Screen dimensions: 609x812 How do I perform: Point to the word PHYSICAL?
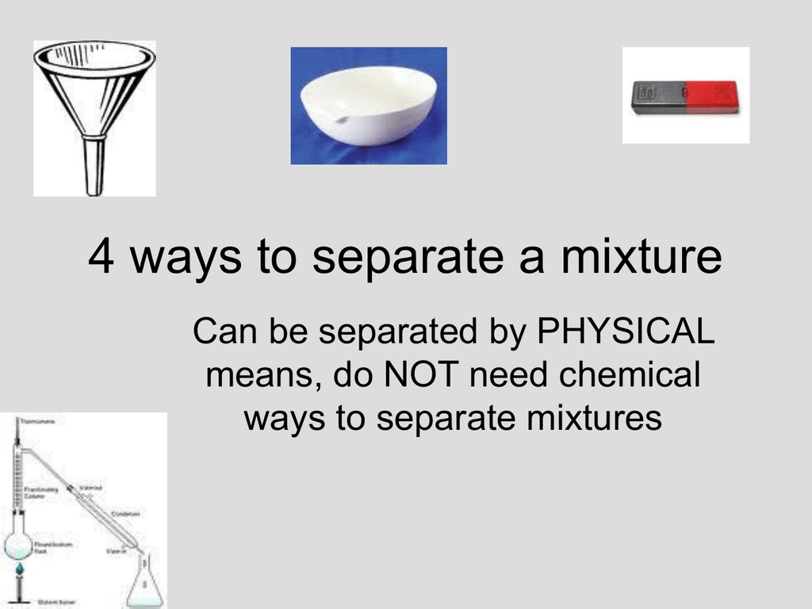click(626, 333)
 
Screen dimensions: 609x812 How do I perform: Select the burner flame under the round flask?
click(18, 569)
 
